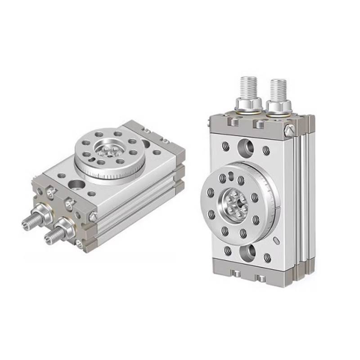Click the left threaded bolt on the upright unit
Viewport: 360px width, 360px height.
point(249,88)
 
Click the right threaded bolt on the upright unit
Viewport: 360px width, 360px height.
point(278,89)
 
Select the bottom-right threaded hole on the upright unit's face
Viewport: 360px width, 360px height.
point(267,258)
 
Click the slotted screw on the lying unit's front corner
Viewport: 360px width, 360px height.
point(93,217)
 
